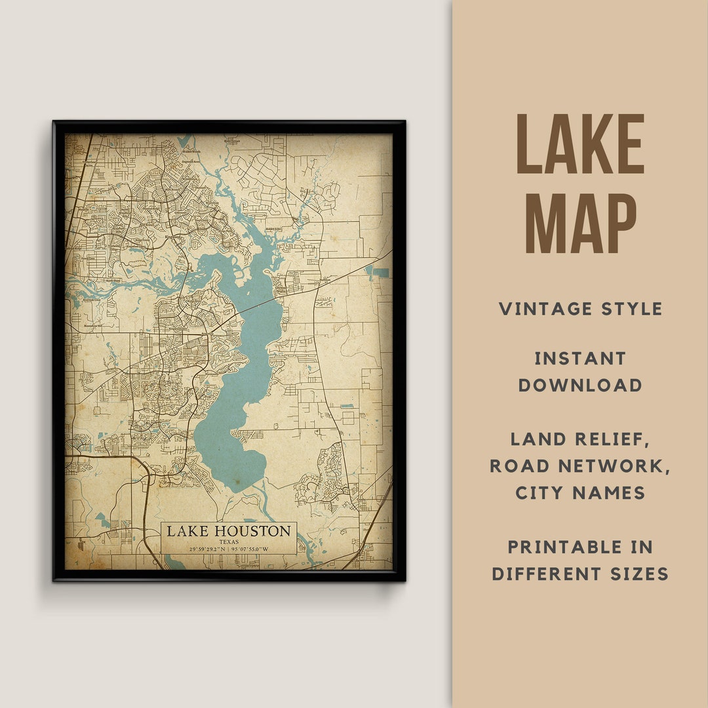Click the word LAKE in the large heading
click(x=580, y=144)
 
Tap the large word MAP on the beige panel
click(x=580, y=223)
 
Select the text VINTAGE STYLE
click(x=580, y=309)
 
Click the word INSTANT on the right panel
click(x=580, y=359)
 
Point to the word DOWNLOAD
click(x=580, y=385)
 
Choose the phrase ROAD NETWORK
click(x=580, y=465)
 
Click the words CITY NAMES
click(x=580, y=492)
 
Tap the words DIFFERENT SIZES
click(x=580, y=574)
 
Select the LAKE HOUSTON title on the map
click(x=228, y=531)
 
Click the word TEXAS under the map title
click(x=229, y=542)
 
